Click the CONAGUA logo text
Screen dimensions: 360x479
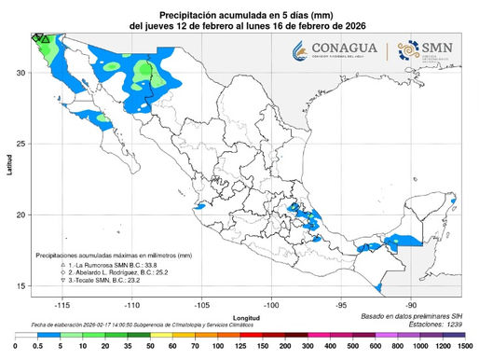pos(344,48)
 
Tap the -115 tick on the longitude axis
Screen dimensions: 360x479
pos(62,304)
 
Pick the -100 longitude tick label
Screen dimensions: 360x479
pos(271,304)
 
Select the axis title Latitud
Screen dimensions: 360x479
pos(7,172)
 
